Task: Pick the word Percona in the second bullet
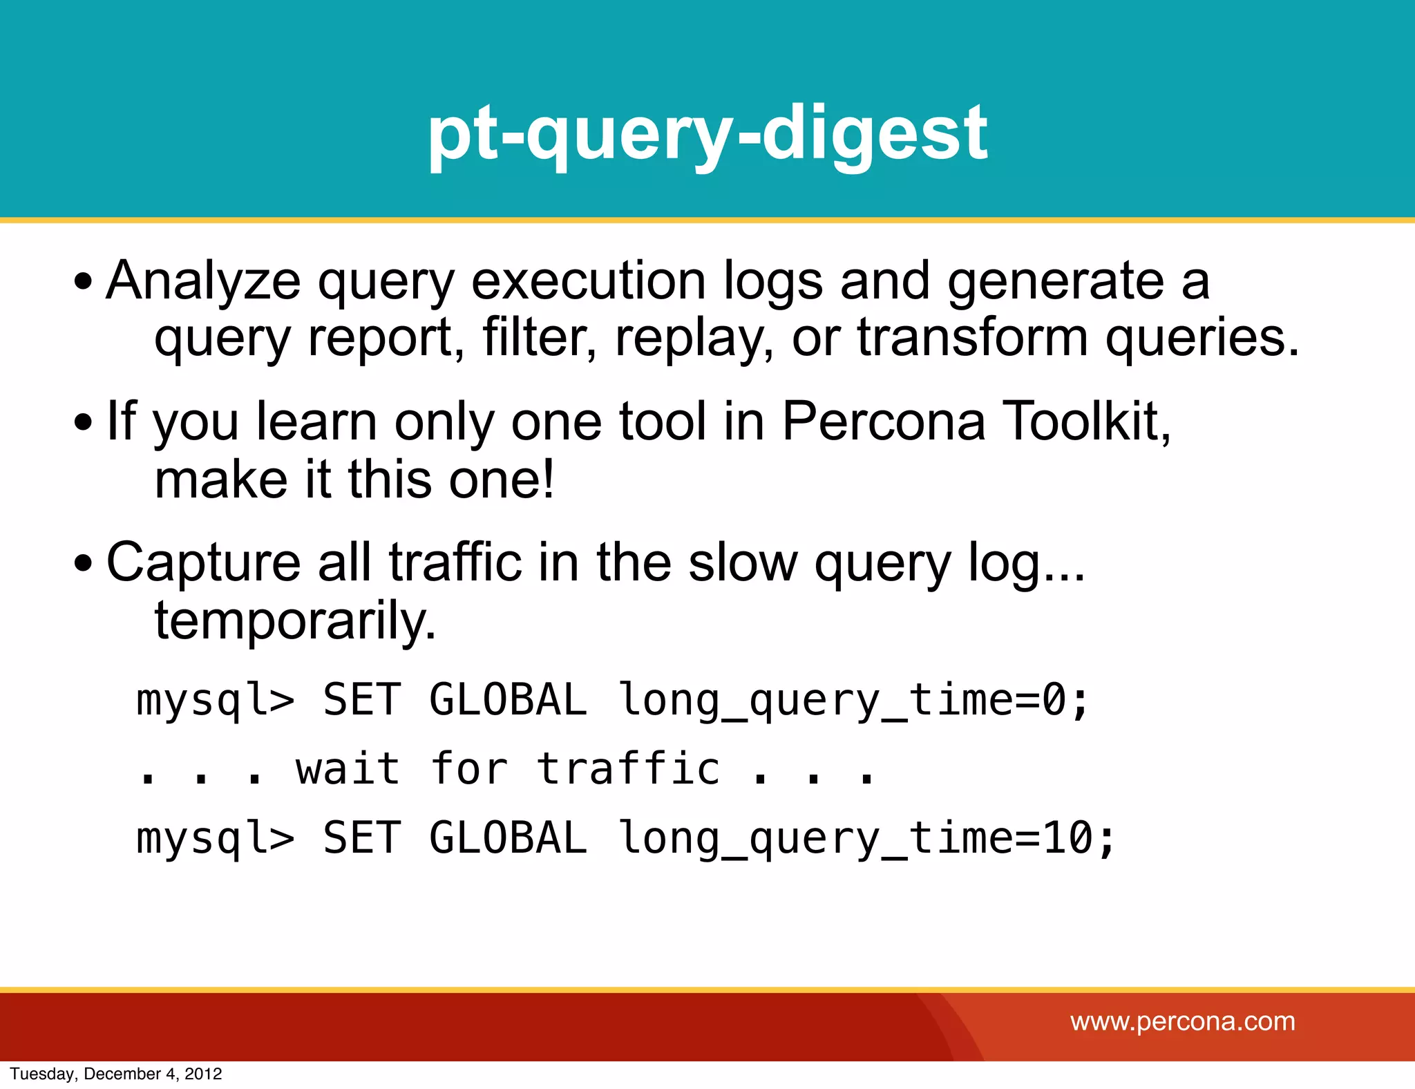point(883,422)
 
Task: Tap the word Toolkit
point(1086,422)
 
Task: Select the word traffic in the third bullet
point(455,562)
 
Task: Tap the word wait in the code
point(348,769)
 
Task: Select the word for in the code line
point(469,769)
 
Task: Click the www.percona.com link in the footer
point(1182,1021)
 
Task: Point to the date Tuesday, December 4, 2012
point(116,1074)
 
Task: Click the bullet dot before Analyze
point(83,282)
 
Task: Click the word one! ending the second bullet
point(501,480)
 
